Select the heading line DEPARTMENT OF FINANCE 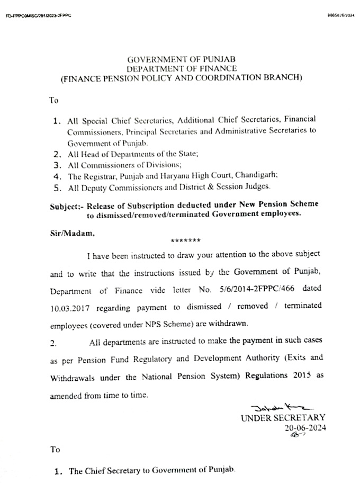[x=181, y=68]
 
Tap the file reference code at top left [x=38, y=15]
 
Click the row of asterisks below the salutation [x=185, y=241]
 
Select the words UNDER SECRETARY [x=283, y=418]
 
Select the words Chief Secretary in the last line [x=109, y=471]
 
